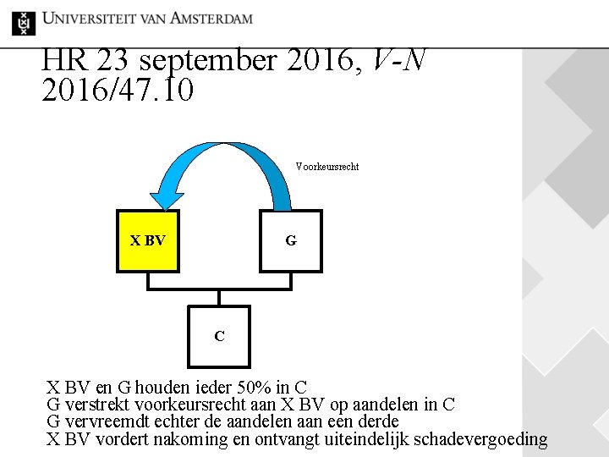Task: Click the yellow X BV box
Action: pos(148,240)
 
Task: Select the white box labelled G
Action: pos(291,240)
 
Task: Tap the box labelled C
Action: pos(219,336)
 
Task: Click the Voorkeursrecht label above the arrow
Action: pos(326,167)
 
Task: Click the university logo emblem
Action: pos(24,22)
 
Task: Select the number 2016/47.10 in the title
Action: pos(117,90)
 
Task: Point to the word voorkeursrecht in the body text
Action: pos(192,405)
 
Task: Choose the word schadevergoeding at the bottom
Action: pos(483,440)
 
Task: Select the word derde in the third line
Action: pos(378,422)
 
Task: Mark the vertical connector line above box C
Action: pos(219,297)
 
